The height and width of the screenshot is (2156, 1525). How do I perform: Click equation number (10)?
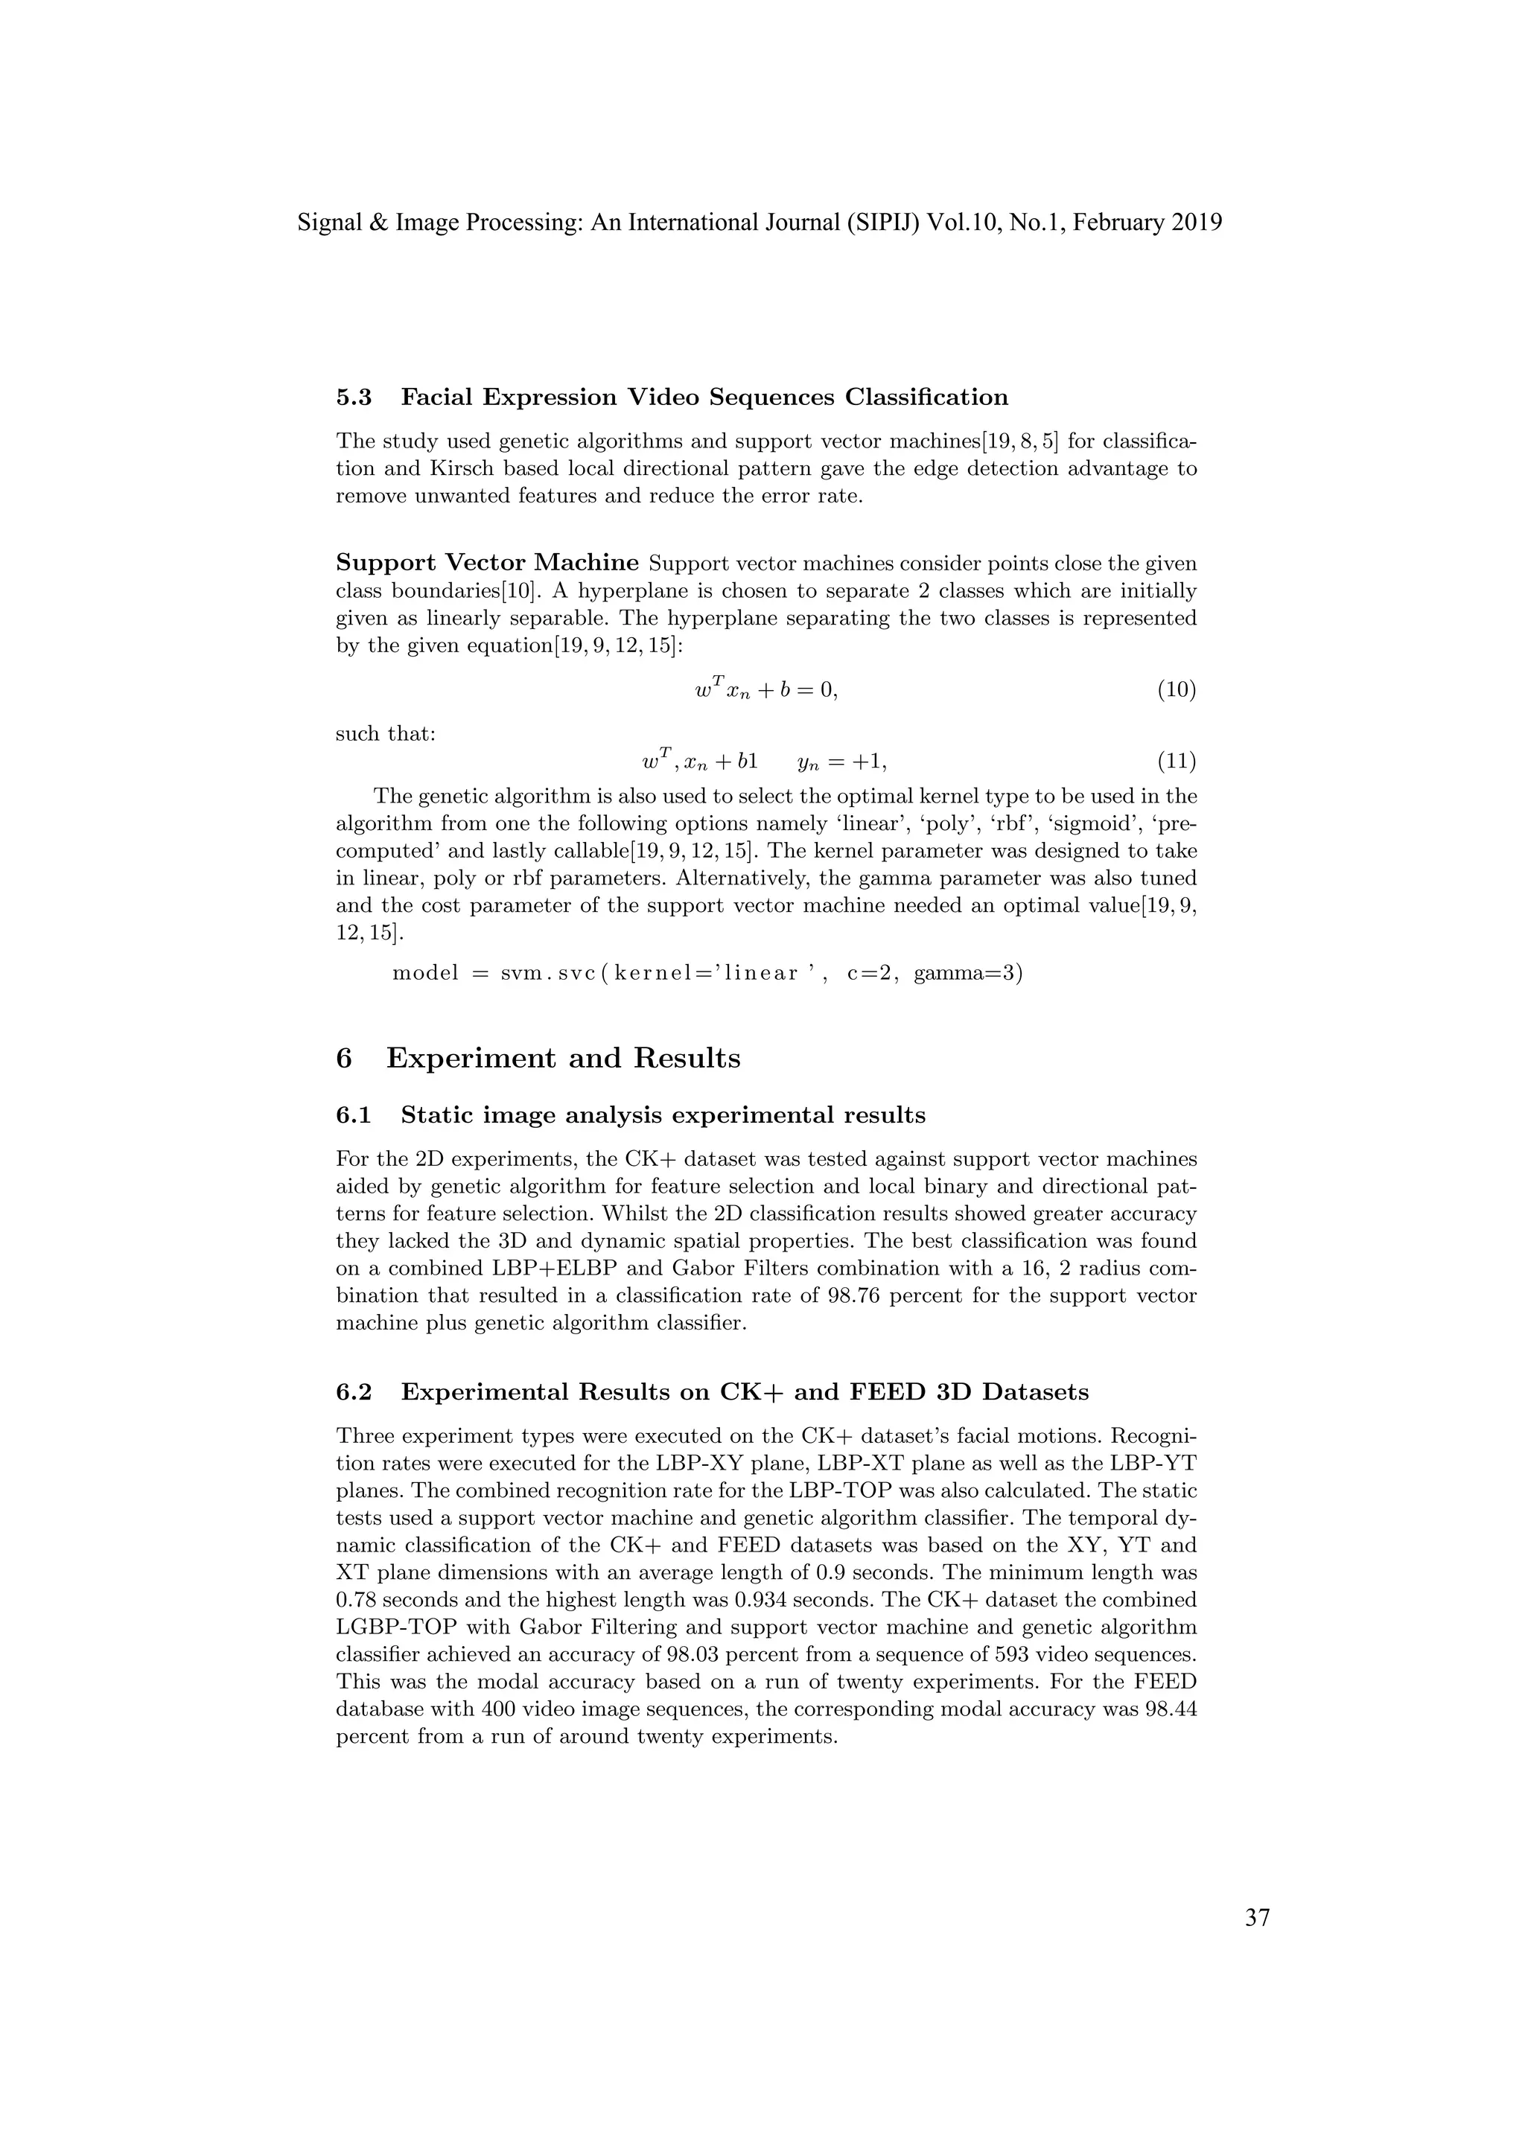tap(1176, 690)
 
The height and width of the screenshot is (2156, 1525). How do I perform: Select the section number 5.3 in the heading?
tap(354, 398)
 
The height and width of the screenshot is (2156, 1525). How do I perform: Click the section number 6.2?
tap(354, 1391)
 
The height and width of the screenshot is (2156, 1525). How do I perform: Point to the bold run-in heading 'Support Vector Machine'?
tap(488, 563)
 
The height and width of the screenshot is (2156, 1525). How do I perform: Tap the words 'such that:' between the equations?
tap(385, 733)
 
